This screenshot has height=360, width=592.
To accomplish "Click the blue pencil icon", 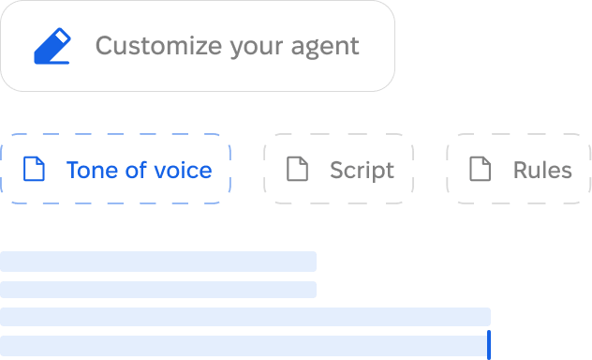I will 52,46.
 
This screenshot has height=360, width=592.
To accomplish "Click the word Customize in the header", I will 158,45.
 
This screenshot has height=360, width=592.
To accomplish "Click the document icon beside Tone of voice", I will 35,169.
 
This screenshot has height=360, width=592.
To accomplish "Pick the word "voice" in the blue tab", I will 184,170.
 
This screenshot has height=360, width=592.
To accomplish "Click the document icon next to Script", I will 297,169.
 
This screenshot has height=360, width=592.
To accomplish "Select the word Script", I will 362,170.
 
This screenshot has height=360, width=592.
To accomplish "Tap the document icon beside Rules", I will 480,169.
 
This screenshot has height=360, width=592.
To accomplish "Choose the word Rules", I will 542,170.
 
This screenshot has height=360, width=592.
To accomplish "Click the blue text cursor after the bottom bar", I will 488,345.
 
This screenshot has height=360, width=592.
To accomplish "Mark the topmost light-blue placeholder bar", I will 157,262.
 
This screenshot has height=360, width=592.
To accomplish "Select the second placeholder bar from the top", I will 157,290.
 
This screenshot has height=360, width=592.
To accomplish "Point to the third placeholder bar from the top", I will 244,317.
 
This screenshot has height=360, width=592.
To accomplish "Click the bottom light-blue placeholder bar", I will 243,345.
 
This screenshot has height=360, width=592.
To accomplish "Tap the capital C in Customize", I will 104,45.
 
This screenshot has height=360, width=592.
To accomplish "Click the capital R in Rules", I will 520,170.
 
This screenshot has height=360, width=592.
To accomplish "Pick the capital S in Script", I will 336,170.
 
